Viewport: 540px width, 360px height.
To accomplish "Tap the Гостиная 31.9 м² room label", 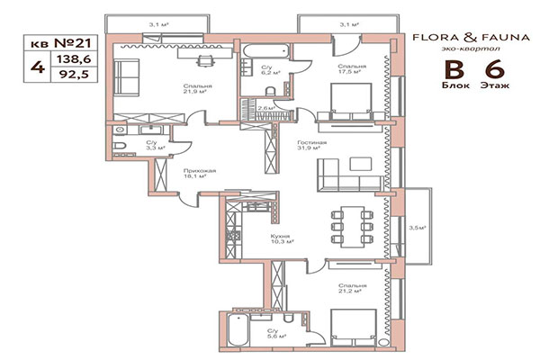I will pyautogui.click(x=312, y=147).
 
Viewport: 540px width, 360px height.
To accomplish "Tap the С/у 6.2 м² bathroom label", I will pyautogui.click(x=267, y=70).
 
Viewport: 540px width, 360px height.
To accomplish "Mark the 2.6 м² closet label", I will pyautogui.click(x=266, y=108).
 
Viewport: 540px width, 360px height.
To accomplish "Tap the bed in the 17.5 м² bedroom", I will pyautogui.click(x=348, y=98).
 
